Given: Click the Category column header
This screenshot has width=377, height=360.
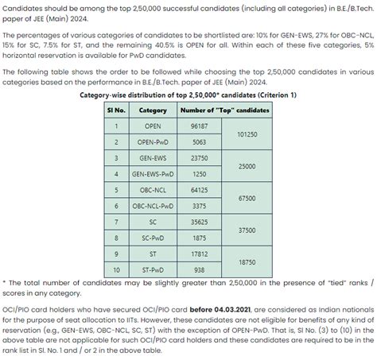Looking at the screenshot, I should pos(153,110).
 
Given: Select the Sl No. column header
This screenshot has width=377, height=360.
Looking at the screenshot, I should pos(116,110).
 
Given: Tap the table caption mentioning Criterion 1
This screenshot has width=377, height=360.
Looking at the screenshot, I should pos(188,95).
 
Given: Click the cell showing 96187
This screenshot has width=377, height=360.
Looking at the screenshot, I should pos(200,126).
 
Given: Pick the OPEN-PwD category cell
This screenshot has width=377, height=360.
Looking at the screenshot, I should pos(153,141).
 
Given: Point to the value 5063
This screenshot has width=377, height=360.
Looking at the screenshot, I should pos(200,141).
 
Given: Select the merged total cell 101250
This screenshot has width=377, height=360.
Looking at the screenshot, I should pos(247,134).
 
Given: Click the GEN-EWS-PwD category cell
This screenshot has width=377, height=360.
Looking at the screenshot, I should pos(153,173).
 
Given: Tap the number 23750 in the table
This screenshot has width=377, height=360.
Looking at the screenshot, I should pos(200,157).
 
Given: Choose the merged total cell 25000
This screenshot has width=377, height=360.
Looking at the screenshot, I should pos(247,166).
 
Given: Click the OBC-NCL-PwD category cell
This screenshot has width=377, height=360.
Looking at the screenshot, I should pos(153,206).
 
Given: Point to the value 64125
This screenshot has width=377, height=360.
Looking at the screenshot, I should pos(200,190).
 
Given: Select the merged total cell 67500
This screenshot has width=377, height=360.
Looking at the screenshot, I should pos(247,198).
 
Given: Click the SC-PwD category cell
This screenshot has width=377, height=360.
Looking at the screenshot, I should pos(153,238).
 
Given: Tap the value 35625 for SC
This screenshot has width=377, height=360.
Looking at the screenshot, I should pos(200,222).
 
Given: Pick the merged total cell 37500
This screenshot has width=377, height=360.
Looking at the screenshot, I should pos(247,230).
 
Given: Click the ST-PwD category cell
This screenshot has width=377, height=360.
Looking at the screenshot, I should pos(153,269).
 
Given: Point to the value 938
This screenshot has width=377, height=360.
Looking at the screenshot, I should pos(200,269).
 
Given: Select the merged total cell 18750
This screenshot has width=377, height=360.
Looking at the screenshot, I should pos(247,261).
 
